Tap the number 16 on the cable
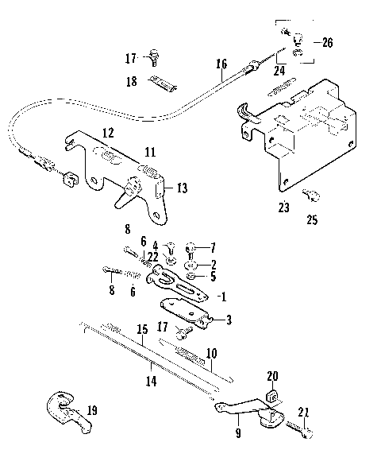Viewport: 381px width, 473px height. pos(221,64)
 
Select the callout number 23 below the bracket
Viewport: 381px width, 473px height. pos(283,208)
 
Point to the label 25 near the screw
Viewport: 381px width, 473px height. pos(311,219)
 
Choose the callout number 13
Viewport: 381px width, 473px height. pos(182,188)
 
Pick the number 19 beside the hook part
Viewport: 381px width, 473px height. pos(92,411)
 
